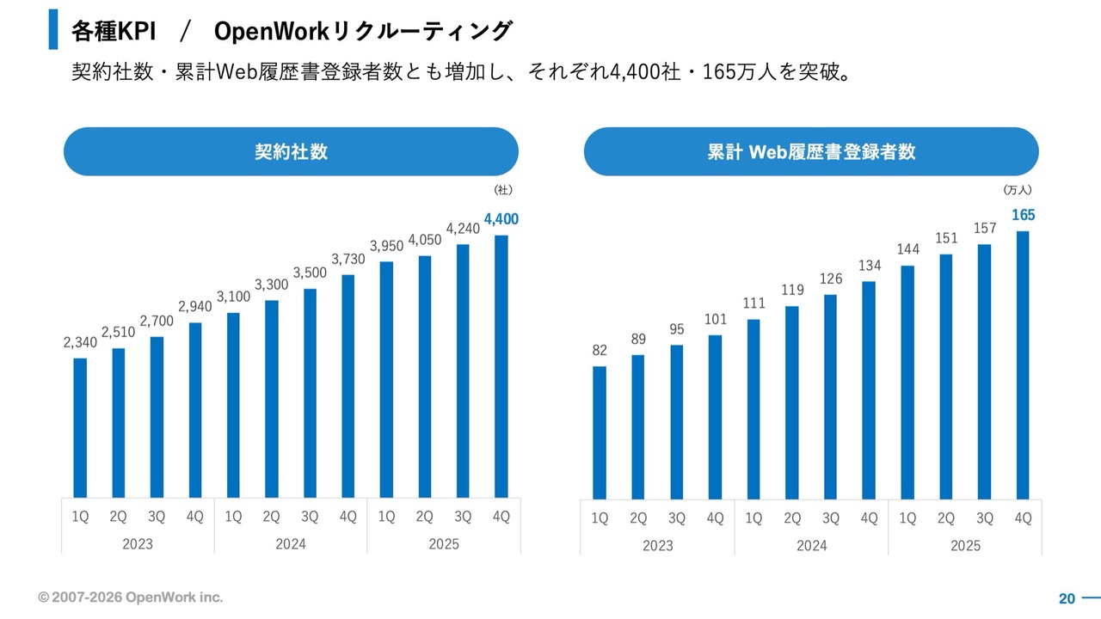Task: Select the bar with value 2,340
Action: tap(80, 427)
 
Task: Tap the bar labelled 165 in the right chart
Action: tap(1023, 365)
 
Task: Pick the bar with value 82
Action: tap(600, 432)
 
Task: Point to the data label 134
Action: tap(870, 265)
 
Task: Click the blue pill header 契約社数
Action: tap(291, 152)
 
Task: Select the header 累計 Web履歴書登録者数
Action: tap(811, 152)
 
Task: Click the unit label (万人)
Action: tap(1017, 190)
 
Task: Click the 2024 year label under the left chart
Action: tap(290, 543)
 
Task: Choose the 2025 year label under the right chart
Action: tap(965, 545)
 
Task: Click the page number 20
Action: tap(1067, 598)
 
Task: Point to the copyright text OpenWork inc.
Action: tap(130, 597)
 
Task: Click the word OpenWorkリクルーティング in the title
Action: tap(362, 32)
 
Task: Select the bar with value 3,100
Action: tap(233, 405)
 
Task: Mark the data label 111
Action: tap(754, 302)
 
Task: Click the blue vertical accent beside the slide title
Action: tap(53, 29)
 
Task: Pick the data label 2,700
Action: tap(156, 321)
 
